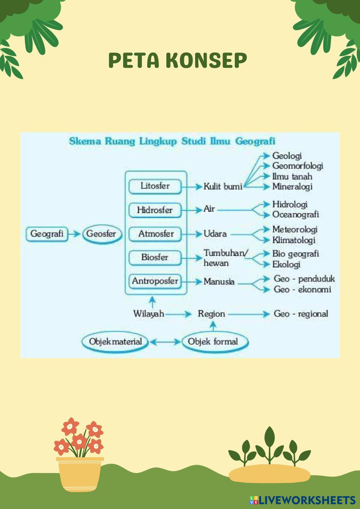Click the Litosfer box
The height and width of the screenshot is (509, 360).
[x=155, y=186]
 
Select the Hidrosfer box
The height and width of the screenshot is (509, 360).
[x=155, y=210]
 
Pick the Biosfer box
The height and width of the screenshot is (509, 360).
[x=155, y=258]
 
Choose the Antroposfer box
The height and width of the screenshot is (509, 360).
[x=155, y=281]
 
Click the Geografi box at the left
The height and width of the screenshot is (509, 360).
[x=47, y=234]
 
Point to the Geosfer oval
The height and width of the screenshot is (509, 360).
[x=102, y=234]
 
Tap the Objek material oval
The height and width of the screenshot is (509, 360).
[x=115, y=342]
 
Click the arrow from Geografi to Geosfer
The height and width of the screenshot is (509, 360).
[x=74, y=234]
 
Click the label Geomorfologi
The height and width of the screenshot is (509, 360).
[x=297, y=166]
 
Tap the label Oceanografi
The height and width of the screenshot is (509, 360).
[x=295, y=215]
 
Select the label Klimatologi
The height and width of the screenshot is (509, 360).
[x=293, y=240]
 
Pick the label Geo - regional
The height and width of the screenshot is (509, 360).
[x=301, y=314]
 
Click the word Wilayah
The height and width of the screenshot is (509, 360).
[x=148, y=314]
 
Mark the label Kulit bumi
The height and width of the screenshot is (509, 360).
[x=223, y=186]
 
